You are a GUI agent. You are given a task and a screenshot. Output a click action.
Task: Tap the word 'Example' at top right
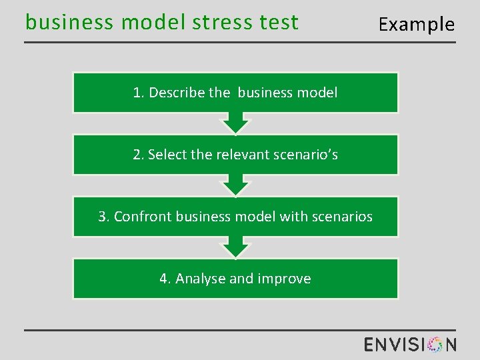[416, 25]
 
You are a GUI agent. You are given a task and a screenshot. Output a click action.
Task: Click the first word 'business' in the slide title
[69, 23]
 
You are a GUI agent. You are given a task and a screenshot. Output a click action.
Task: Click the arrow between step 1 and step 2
[235, 123]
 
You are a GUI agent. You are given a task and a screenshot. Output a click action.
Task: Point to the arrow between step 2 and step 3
[235, 185]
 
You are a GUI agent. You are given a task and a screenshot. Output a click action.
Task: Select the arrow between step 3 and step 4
[235, 247]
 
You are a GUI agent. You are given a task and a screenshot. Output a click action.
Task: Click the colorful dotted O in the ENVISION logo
[435, 344]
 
